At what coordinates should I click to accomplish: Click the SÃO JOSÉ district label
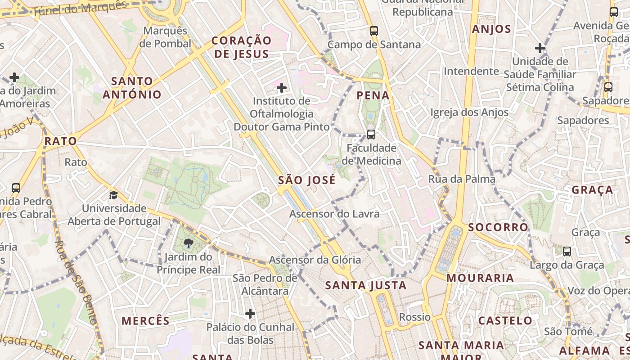pyautogui.click(x=307, y=180)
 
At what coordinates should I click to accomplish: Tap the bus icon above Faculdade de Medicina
pyautogui.click(x=371, y=134)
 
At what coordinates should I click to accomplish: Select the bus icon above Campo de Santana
pyautogui.click(x=374, y=31)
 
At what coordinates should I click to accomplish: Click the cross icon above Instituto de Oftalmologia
pyautogui.click(x=282, y=88)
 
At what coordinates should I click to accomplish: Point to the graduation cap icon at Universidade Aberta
pyautogui.click(x=113, y=195)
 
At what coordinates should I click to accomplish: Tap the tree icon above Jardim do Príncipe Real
pyautogui.click(x=188, y=244)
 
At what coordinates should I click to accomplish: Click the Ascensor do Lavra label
pyautogui.click(x=334, y=214)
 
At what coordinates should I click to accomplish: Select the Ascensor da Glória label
pyautogui.click(x=315, y=260)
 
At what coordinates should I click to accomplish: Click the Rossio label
pyautogui.click(x=415, y=317)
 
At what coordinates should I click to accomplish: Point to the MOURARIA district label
pyautogui.click(x=480, y=278)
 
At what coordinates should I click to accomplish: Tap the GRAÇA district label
pyautogui.click(x=592, y=190)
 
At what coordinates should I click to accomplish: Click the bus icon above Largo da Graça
pyautogui.click(x=567, y=251)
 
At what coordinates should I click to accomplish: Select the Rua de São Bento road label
pyautogui.click(x=76, y=283)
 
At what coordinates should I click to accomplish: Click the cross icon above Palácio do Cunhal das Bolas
pyautogui.click(x=250, y=313)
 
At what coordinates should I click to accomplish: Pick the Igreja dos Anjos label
pyautogui.click(x=469, y=112)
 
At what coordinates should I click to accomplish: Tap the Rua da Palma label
pyautogui.click(x=461, y=179)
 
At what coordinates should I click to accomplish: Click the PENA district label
pyautogui.click(x=373, y=95)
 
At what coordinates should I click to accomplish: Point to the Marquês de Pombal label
pyautogui.click(x=165, y=37)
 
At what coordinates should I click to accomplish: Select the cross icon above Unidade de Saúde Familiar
pyautogui.click(x=540, y=48)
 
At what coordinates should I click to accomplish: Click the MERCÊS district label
pyautogui.click(x=145, y=321)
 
